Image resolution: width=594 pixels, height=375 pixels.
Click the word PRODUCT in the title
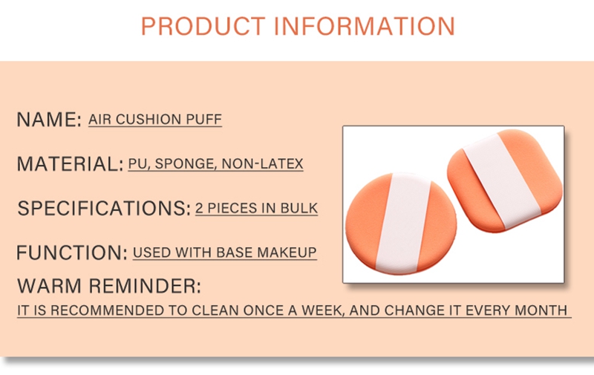(x=203, y=26)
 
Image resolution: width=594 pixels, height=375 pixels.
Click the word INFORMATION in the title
(x=364, y=26)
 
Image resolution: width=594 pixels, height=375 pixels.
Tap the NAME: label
(x=49, y=120)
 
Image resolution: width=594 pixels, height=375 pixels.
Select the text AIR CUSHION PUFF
(x=155, y=120)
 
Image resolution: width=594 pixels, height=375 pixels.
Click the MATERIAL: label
(x=70, y=164)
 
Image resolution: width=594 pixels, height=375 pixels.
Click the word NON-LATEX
(x=263, y=164)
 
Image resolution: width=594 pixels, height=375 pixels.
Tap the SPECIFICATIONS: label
(x=104, y=209)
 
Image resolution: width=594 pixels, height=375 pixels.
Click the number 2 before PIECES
(x=199, y=209)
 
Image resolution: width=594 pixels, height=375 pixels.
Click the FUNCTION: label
(x=71, y=252)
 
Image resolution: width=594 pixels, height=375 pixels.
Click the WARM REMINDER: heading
(x=109, y=286)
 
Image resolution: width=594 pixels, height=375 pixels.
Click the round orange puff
(x=401, y=224)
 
